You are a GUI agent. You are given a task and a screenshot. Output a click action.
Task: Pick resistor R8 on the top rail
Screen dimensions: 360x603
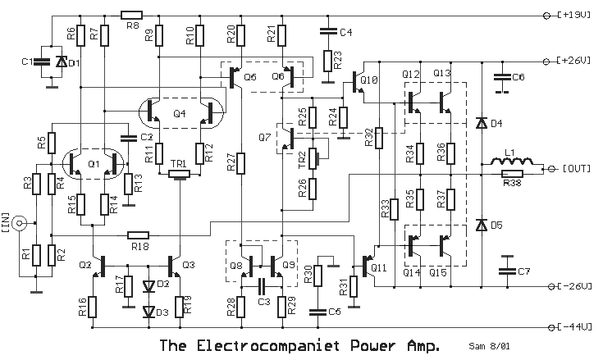(131, 15)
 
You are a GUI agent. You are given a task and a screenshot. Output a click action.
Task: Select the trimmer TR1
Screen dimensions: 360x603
(180, 173)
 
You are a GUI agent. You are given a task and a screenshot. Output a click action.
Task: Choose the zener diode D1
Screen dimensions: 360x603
(61, 62)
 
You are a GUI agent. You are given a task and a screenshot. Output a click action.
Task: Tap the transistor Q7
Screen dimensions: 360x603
(284, 137)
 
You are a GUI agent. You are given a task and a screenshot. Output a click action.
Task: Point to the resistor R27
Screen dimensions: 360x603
(243, 163)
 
